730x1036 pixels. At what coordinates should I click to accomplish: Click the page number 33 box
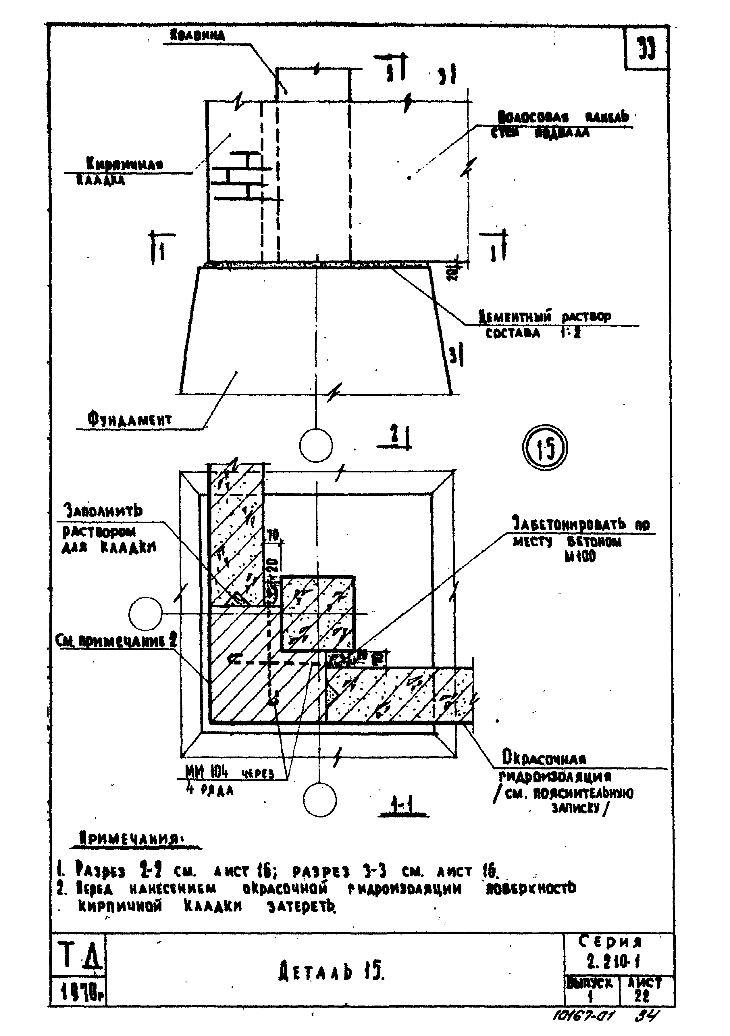(x=646, y=48)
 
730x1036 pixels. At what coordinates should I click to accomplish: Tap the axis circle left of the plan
(x=145, y=613)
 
